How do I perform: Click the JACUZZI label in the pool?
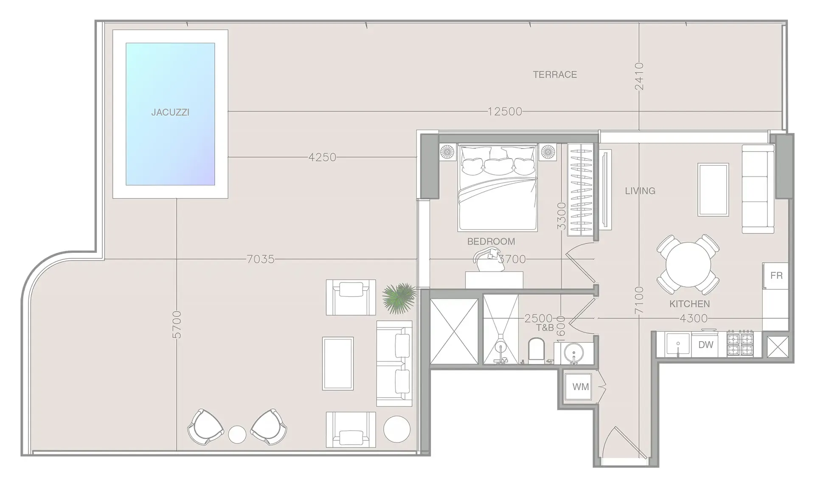pos(170,112)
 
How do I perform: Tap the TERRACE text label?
pos(555,75)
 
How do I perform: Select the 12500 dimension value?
pos(505,112)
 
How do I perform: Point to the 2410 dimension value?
pos(639,76)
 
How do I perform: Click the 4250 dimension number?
pos(322,157)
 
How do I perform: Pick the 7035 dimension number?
pos(261,259)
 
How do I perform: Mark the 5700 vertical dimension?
pos(177,325)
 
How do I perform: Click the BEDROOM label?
pos(491,241)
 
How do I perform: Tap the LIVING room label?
pos(640,191)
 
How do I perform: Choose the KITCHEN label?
pos(689,304)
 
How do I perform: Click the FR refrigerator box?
pos(776,276)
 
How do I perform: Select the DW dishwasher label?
pos(705,345)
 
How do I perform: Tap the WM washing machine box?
pos(580,386)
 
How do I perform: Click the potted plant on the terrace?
pos(399,298)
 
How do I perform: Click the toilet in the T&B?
pos(537,350)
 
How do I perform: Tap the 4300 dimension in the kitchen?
pos(694,318)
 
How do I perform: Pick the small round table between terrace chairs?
pos(237,434)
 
